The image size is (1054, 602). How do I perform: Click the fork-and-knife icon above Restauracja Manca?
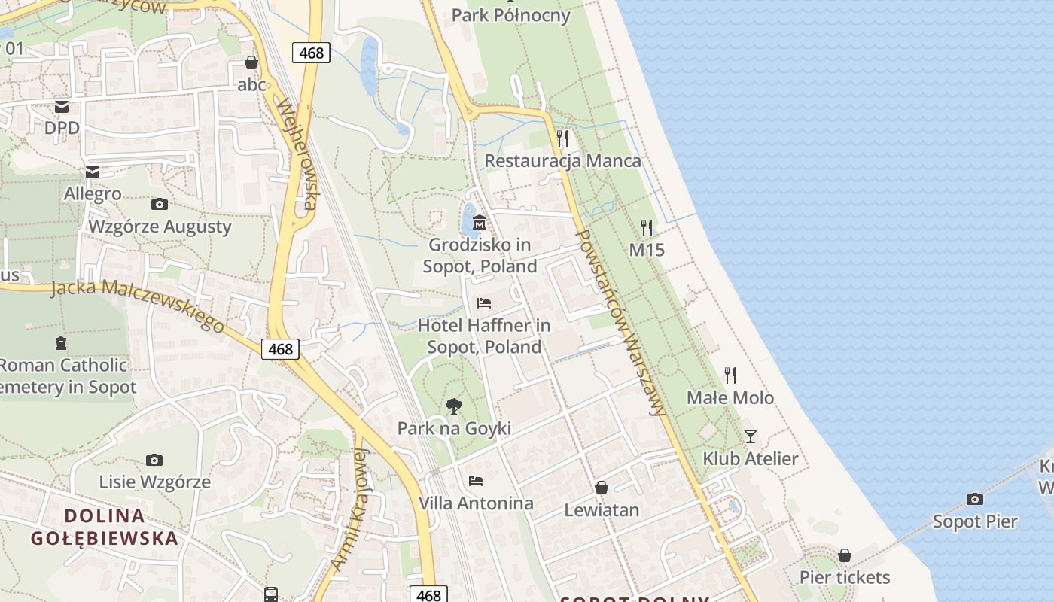[562, 138]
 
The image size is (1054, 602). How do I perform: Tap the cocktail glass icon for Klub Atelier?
[750, 436]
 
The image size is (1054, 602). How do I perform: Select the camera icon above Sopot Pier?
[975, 499]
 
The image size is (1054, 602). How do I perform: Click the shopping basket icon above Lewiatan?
[602, 488]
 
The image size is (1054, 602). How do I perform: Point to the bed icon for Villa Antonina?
[476, 480]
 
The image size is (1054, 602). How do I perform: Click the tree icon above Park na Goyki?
[453, 406]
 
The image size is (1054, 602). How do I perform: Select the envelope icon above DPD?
[62, 106]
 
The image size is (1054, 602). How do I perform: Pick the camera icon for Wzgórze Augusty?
[160, 204]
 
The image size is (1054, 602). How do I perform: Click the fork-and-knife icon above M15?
[647, 227]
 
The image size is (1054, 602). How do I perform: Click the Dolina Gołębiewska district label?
[105, 527]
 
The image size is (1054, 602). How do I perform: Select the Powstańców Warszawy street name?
[620, 322]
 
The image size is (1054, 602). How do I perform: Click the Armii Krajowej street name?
[348, 509]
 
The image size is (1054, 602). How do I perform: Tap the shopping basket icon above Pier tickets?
[845, 555]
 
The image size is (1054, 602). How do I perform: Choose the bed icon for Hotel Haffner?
[484, 303]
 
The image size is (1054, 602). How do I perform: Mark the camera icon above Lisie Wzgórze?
[154, 460]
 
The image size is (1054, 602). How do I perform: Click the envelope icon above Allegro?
[93, 172]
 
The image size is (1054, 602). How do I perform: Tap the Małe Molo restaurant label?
[730, 397]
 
